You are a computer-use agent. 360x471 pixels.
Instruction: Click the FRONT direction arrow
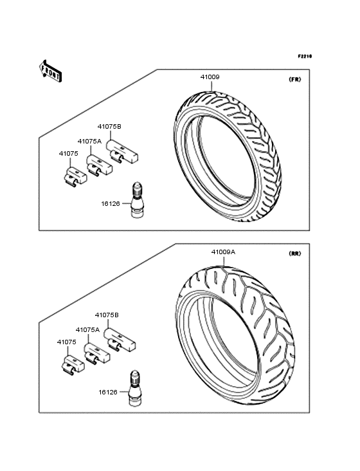(50, 71)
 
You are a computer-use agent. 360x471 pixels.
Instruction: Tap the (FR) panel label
(294, 80)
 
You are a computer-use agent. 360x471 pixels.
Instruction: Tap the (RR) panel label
(294, 254)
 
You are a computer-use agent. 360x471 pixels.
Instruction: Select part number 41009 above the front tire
(210, 77)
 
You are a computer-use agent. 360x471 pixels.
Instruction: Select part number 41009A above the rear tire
(223, 252)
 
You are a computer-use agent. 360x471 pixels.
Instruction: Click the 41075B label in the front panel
(109, 127)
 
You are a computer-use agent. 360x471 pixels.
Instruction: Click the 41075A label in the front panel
(89, 141)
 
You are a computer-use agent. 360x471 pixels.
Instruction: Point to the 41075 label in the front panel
(68, 154)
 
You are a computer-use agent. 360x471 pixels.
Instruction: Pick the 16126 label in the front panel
(111, 204)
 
